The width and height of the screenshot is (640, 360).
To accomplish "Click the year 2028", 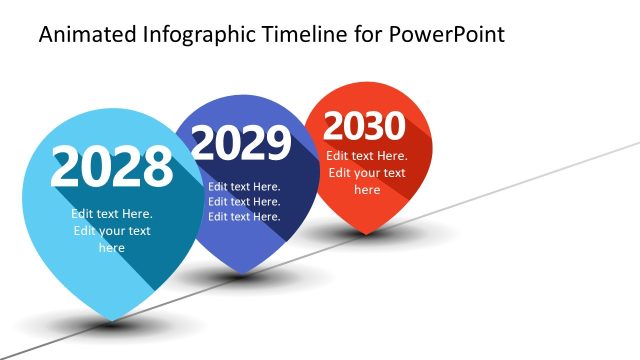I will tap(111, 167).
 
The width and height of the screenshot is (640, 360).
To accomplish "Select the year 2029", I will tap(240, 144).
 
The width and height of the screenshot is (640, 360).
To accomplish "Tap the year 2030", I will tap(364, 126).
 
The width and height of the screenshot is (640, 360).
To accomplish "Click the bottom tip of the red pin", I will tap(365, 233).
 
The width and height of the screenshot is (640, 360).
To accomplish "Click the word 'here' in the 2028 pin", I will tap(111, 248).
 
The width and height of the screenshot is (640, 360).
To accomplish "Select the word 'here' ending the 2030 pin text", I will tap(367, 190).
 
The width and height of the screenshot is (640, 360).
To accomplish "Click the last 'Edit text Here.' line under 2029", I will tap(244, 217).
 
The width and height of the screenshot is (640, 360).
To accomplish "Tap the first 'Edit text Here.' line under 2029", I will tap(244, 186).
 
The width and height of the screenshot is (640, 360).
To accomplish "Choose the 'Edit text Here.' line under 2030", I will tap(367, 156).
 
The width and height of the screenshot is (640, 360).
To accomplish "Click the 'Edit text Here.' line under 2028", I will tap(111, 213).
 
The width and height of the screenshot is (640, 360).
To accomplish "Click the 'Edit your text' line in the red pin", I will tap(367, 173).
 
